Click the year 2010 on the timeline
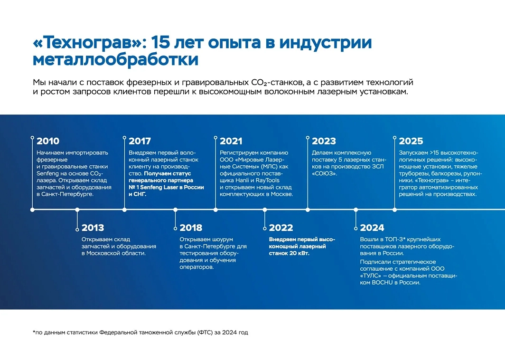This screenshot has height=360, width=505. click(48, 141)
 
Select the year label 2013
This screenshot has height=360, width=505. click(93, 227)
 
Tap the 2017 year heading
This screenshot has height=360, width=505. click(140, 141)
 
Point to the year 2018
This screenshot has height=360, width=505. click(191, 227)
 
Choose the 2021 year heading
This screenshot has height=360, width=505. click(231, 141)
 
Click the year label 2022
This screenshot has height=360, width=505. click(281, 227)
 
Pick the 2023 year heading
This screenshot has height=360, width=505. click(324, 141)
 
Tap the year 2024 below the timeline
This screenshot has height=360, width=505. click(372, 227)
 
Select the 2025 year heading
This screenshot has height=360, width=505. click(411, 141)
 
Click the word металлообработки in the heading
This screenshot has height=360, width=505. click(115, 60)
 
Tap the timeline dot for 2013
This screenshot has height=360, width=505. click(78, 209)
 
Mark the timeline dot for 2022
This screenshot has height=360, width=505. click(265, 209)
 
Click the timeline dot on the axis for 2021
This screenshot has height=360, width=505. click(216, 209)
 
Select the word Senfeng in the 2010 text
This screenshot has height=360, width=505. click(47, 173)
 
